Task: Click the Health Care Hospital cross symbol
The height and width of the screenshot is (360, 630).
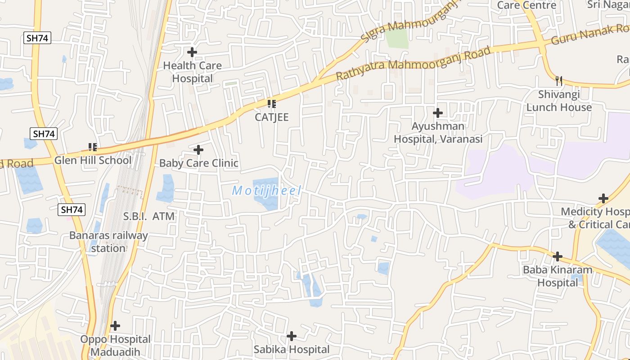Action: pyautogui.click(x=192, y=52)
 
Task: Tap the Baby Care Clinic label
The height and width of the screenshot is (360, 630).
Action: pyautogui.click(x=198, y=163)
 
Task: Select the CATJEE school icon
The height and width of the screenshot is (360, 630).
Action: pyautogui.click(x=271, y=104)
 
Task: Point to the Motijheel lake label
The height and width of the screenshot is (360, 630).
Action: pyautogui.click(x=266, y=191)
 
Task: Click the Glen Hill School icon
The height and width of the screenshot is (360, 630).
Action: pyautogui.click(x=93, y=147)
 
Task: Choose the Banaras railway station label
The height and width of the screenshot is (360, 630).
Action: pyautogui.click(x=108, y=242)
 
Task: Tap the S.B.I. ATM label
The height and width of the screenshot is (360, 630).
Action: pyautogui.click(x=149, y=216)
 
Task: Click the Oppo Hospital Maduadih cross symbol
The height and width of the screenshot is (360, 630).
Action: pyautogui.click(x=116, y=325)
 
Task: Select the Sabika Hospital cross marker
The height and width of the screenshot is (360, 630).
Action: pyautogui.click(x=292, y=336)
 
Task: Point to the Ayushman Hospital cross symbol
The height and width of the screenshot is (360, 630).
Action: pyautogui.click(x=438, y=112)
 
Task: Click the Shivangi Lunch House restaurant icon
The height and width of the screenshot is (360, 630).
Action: pyautogui.click(x=559, y=81)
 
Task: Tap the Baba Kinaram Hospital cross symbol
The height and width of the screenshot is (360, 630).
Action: pyautogui.click(x=558, y=256)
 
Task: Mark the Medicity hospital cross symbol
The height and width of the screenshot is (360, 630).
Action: pyautogui.click(x=603, y=198)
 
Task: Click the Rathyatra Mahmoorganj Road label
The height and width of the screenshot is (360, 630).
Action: pyautogui.click(x=413, y=63)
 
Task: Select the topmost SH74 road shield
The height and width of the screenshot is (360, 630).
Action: pyautogui.click(x=37, y=38)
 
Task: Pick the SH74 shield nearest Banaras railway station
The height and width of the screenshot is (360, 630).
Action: pyautogui.click(x=72, y=210)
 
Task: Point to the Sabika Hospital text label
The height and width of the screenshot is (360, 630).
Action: pyautogui.click(x=292, y=349)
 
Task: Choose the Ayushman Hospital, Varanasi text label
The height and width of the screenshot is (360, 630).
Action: pyautogui.click(x=438, y=132)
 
